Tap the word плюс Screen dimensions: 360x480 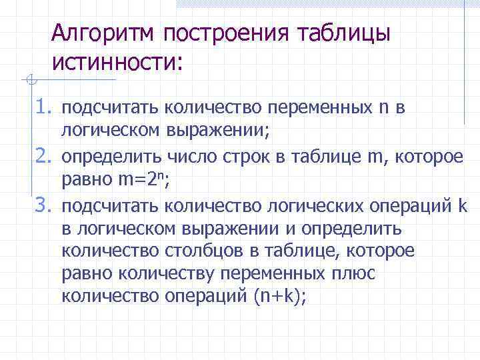tap(353, 273)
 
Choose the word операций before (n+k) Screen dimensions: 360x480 tap(206, 297)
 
